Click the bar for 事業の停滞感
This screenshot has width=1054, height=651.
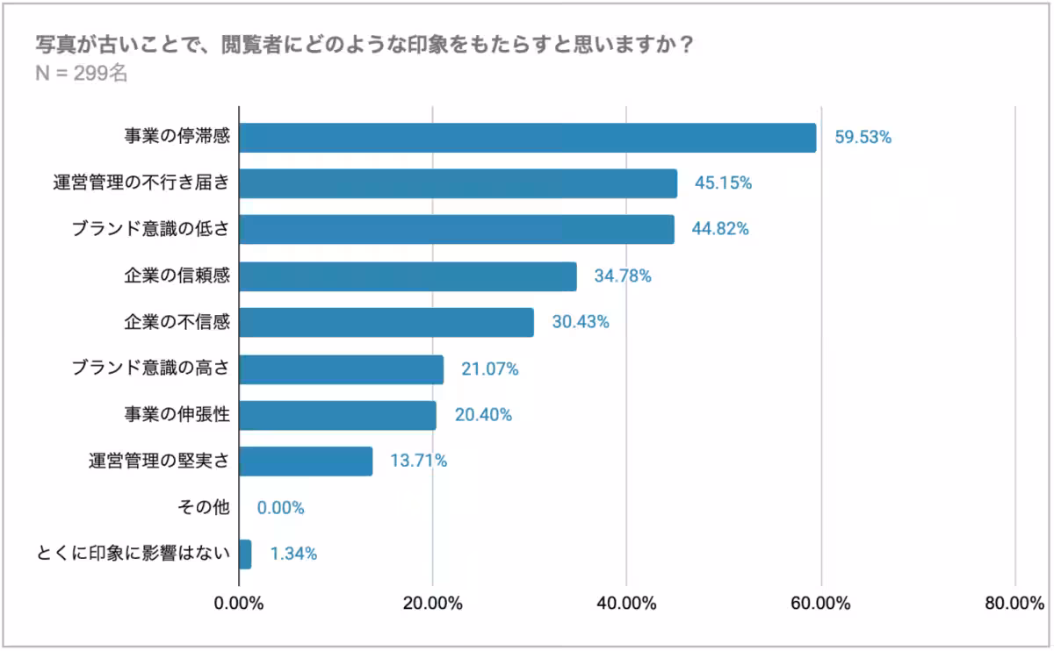[527, 138]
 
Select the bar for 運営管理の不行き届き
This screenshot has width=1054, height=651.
[458, 183]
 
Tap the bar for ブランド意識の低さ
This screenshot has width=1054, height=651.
[456, 230]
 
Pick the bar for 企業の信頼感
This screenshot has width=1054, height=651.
[408, 276]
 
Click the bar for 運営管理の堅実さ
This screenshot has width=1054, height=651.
[306, 461]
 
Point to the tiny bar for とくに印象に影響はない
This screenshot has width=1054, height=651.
[245, 554]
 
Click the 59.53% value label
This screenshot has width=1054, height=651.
[863, 138]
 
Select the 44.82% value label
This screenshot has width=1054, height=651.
[719, 230]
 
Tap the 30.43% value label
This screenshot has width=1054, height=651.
[580, 322]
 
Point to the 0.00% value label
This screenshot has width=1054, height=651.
[280, 508]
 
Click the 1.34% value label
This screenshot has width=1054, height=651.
[293, 554]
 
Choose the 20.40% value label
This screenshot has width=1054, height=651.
[483, 415]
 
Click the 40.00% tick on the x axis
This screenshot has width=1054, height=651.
[626, 604]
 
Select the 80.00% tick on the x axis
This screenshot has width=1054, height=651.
[1014, 604]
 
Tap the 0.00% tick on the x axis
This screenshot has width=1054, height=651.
[239, 604]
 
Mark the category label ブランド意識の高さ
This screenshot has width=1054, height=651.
[150, 368]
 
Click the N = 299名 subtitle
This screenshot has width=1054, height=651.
[81, 74]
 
